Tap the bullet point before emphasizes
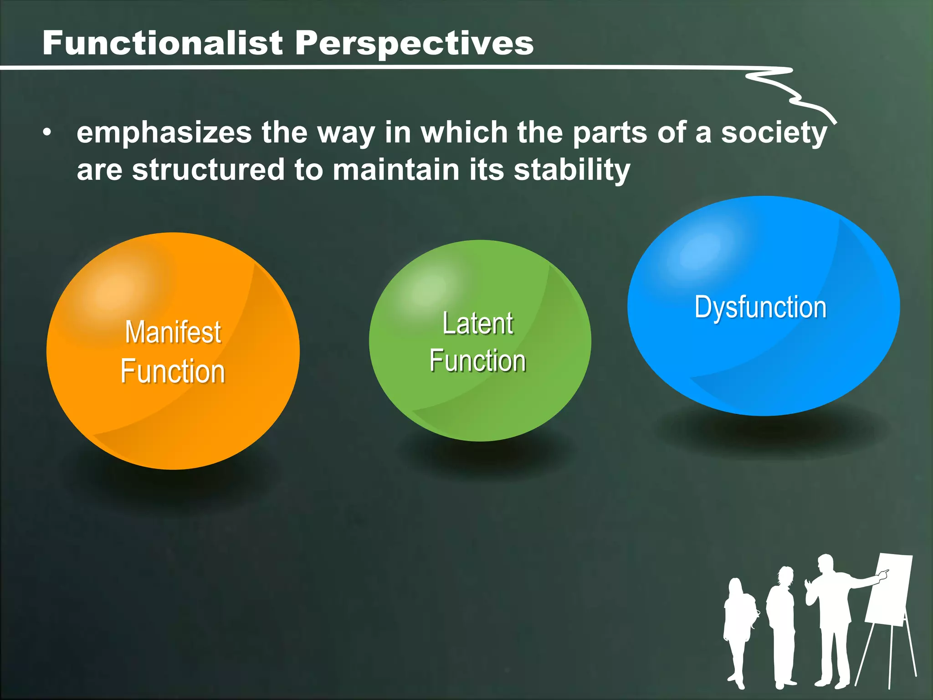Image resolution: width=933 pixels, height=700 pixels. click(x=47, y=133)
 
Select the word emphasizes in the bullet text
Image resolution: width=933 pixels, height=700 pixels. click(x=164, y=133)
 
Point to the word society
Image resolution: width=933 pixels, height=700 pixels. click(x=774, y=133)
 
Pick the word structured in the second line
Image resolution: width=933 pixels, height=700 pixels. click(x=208, y=170)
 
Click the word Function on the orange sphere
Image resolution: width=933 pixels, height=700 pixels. click(x=173, y=371)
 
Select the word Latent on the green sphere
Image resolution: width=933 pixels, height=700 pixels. click(x=478, y=324)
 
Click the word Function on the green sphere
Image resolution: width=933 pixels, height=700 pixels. click(x=478, y=361)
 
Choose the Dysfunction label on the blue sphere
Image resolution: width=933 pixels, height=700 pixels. click(x=760, y=307)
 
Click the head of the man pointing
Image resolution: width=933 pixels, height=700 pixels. click(x=825, y=565)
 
